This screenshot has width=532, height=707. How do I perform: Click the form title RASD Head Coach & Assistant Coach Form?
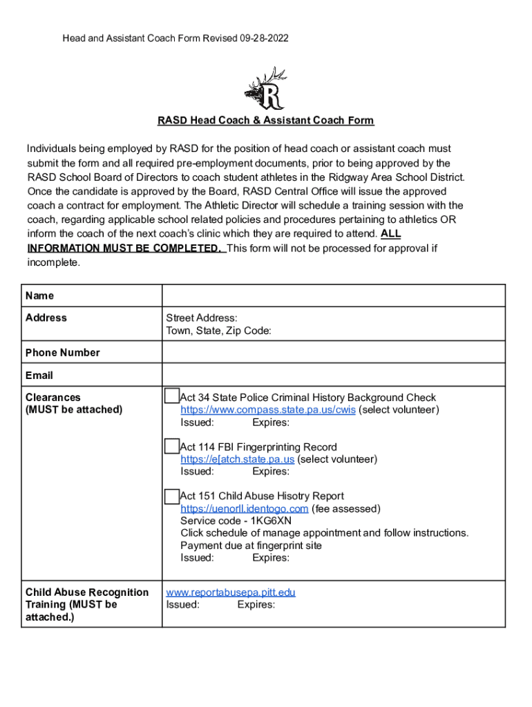pos(265,121)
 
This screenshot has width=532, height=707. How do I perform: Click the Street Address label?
pos(202,318)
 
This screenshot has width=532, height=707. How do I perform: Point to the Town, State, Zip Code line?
pos(218,331)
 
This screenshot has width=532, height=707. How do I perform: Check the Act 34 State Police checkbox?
pos(171,396)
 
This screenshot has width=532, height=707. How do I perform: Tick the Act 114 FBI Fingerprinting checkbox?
pos(171,446)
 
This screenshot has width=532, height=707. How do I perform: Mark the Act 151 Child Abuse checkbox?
pos(171,496)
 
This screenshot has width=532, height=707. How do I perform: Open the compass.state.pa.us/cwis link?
pos(268,410)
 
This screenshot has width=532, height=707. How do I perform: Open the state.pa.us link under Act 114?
pos(238,459)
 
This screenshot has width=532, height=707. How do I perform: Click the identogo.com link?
pos(245,509)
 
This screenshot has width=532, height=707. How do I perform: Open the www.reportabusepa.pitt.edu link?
pos(231,592)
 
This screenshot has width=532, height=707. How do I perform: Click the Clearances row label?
pos(53,398)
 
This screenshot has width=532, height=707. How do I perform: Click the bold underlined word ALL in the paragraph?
pos(390,234)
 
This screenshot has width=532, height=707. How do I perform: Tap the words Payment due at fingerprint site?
pos(251,545)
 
